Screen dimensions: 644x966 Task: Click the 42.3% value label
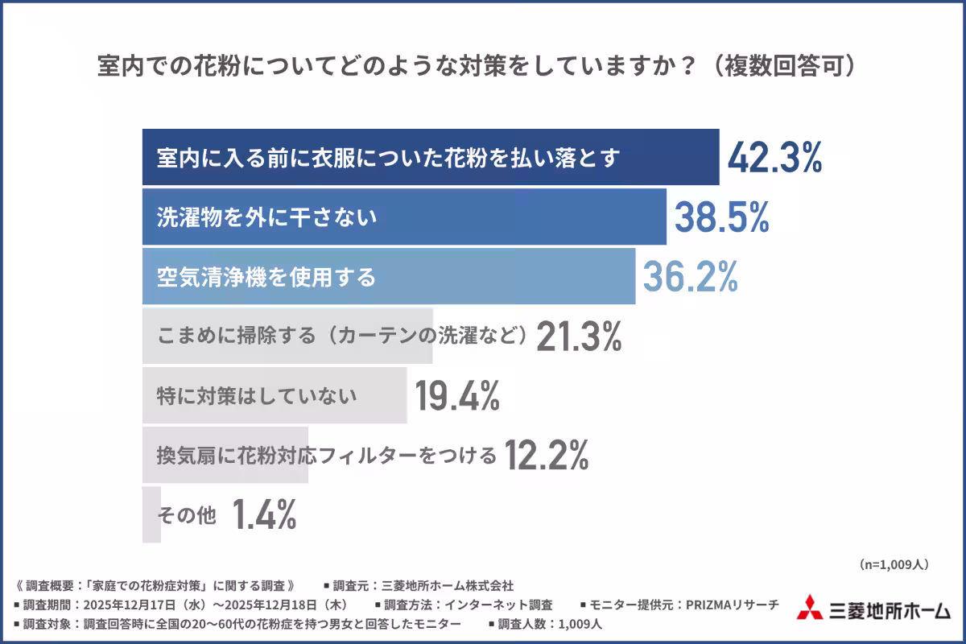[x=774, y=158]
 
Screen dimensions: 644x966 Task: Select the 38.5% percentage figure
[x=721, y=217]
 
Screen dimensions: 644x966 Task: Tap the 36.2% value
[x=690, y=277]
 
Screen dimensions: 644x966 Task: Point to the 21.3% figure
[x=579, y=336]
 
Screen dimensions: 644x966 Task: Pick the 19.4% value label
[x=457, y=396]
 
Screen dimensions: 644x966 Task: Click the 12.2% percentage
[x=547, y=456]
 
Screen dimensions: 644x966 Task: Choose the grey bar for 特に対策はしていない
[x=274, y=396]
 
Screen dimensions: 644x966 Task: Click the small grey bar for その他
[x=151, y=515]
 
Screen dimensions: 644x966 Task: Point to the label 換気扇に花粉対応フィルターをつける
[x=326, y=456]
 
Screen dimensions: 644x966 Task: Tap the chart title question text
[x=475, y=66]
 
